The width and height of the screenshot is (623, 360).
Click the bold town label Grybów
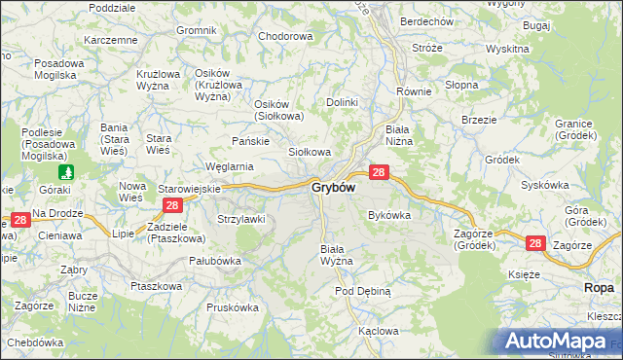click(x=333, y=188)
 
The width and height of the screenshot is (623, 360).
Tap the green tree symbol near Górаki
click(x=65, y=172)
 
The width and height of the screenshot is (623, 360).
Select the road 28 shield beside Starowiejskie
click(x=172, y=205)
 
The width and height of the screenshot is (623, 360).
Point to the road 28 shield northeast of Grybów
click(x=380, y=172)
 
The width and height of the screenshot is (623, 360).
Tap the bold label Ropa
click(x=600, y=288)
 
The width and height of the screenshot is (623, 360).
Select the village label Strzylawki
click(x=241, y=219)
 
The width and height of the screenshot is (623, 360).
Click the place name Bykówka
click(x=388, y=215)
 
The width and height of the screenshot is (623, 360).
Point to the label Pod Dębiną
click(x=362, y=291)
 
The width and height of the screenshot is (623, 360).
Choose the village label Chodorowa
click(x=285, y=36)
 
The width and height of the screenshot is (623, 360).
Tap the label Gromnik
click(x=196, y=30)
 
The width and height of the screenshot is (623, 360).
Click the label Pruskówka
click(x=232, y=306)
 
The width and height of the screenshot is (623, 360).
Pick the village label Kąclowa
click(x=378, y=331)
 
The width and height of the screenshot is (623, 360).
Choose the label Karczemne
click(x=111, y=40)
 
